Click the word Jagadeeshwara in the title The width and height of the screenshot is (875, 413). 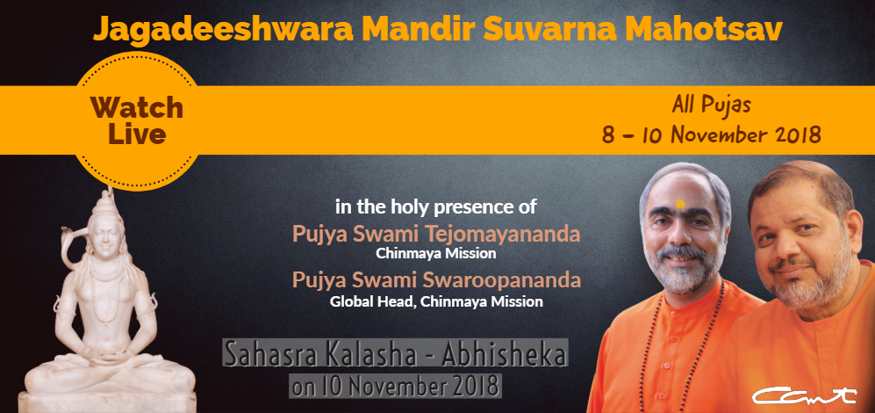(x=223, y=30)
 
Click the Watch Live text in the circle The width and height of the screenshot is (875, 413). (x=137, y=120)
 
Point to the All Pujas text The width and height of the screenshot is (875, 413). (x=712, y=105)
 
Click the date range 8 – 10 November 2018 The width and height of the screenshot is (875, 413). (x=712, y=134)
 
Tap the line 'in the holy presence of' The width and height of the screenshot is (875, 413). (x=436, y=207)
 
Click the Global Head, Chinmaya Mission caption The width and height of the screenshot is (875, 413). (x=436, y=301)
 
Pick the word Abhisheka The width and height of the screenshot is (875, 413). (x=504, y=354)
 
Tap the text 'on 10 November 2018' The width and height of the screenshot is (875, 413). (x=395, y=386)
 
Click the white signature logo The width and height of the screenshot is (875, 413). (x=804, y=395)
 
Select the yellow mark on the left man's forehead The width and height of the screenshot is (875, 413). (x=679, y=204)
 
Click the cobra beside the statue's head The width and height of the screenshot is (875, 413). (x=75, y=247)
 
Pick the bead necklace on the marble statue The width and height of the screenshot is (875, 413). (x=106, y=296)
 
